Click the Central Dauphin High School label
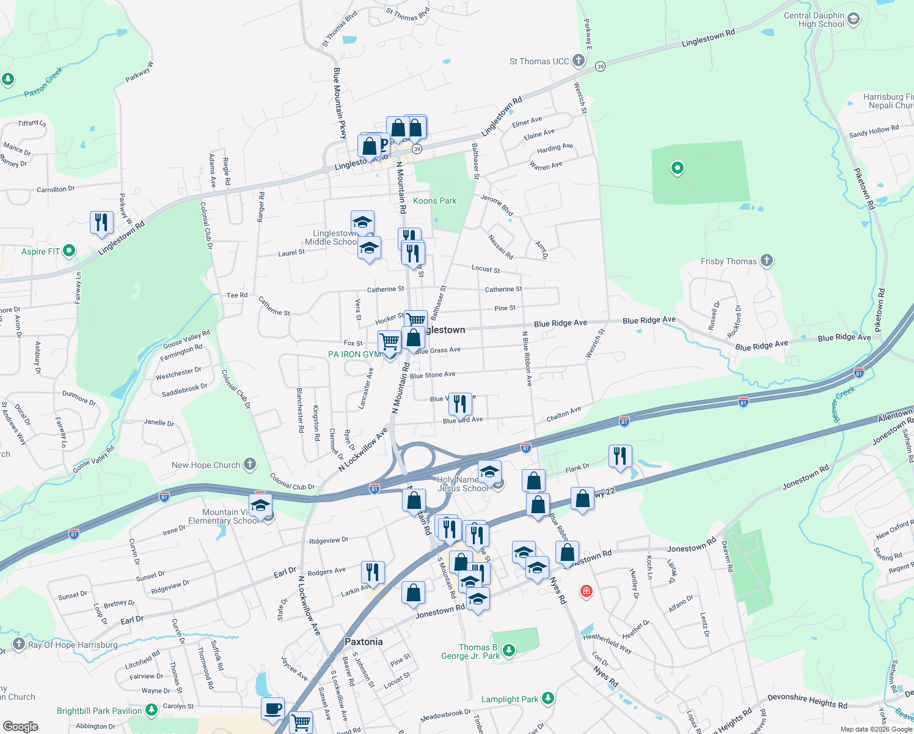[814, 20]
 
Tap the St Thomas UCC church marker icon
[579, 61]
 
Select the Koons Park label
[434, 201]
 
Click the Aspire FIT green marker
[69, 250]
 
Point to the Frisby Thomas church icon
[767, 261]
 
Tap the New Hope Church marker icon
[249, 464]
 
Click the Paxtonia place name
[364, 642]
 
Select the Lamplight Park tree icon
[548, 698]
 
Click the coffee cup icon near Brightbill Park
[273, 709]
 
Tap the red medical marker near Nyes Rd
[587, 591]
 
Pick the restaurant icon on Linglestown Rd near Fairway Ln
[101, 223]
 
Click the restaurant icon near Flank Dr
[620, 456]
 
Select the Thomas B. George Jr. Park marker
[509, 650]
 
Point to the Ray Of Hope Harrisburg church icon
[18, 643]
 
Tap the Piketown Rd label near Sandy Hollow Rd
[865, 188]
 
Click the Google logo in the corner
[21, 726]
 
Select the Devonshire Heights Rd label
[807, 701]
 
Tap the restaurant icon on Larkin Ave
[373, 573]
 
